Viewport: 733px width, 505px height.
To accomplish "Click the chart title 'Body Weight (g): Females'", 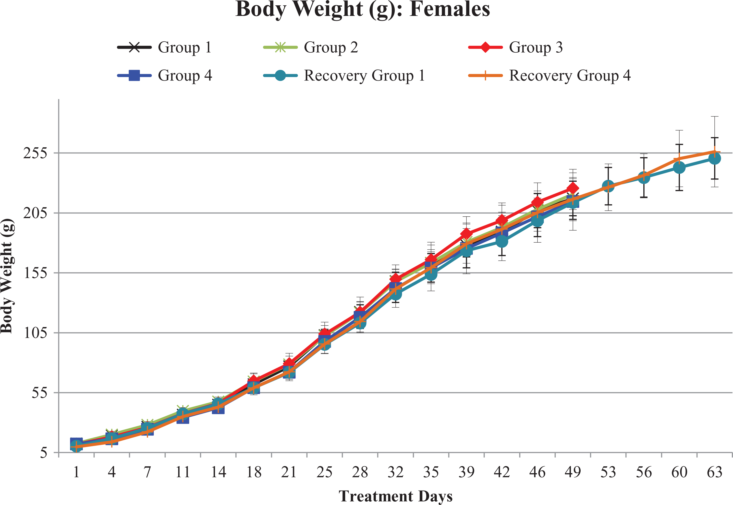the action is pos(363,10).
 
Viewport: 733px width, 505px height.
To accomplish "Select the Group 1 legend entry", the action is pos(164,47).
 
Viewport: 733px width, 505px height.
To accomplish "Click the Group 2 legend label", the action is pos(331,47).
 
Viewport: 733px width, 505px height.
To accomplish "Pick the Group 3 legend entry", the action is pos(515,47).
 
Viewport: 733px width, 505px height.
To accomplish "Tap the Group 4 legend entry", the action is pos(165,75).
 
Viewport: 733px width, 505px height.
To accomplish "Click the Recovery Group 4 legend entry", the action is pos(549,75).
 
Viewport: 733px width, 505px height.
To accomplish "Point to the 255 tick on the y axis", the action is pos(35,153).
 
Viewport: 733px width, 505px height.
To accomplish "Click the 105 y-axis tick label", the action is pos(35,333).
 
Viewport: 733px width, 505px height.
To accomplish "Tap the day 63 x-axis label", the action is pos(715,472).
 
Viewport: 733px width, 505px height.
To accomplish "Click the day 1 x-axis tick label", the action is pos(76,472).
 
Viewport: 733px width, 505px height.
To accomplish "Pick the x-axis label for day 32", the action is pos(395,472).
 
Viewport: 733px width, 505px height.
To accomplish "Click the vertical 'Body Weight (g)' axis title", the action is pos(7,276).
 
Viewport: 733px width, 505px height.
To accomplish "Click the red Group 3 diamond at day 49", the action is pos(573,188).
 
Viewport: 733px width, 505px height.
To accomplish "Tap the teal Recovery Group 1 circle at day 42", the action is pos(502,241).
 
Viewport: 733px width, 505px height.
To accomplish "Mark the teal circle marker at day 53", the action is pos(608,186).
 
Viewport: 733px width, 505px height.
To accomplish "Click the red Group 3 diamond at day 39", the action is pos(466,234).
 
